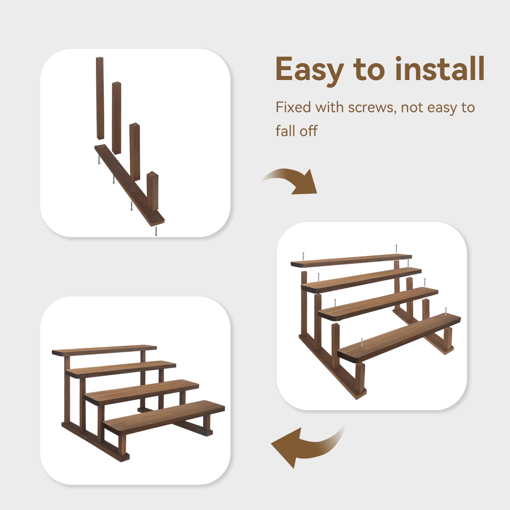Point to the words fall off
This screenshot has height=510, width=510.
tap(296, 131)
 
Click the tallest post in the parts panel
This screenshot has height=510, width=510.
tap(100, 98)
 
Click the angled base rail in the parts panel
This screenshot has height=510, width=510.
tap(129, 185)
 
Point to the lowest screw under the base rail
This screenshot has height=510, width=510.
tap(156, 231)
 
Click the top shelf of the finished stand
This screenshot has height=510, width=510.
tap(104, 350)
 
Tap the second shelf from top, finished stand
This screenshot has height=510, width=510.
tap(121, 369)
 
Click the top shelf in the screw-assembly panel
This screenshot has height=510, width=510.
tap(351, 260)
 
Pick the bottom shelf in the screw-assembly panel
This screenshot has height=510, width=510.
tap(399, 338)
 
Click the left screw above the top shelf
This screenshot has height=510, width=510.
tap(303, 256)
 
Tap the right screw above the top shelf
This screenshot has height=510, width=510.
tap(396, 249)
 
